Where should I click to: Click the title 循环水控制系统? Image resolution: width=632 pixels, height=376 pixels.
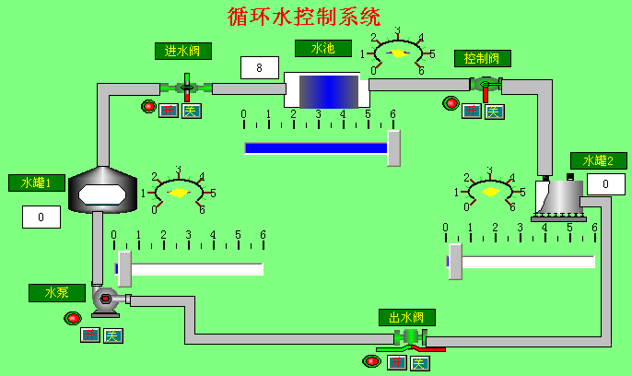click(x=304, y=17)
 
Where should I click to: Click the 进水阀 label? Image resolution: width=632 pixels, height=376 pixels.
click(x=183, y=51)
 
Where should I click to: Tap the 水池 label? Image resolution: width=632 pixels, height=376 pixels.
click(x=322, y=48)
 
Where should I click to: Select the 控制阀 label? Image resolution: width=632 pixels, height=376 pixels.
click(x=482, y=59)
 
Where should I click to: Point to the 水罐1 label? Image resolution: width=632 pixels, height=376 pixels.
click(x=36, y=182)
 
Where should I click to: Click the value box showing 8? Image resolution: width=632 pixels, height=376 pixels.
click(x=260, y=67)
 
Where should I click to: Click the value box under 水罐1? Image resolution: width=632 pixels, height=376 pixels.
click(x=41, y=217)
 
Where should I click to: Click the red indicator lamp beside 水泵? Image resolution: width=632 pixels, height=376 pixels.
click(x=73, y=319)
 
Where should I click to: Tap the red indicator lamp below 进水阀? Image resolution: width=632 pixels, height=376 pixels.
click(x=148, y=106)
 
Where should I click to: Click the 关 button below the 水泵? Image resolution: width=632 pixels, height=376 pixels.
click(x=112, y=335)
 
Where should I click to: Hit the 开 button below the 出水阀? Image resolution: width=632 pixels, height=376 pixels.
click(x=397, y=362)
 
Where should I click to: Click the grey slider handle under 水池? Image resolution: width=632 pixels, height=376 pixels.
click(x=393, y=148)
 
